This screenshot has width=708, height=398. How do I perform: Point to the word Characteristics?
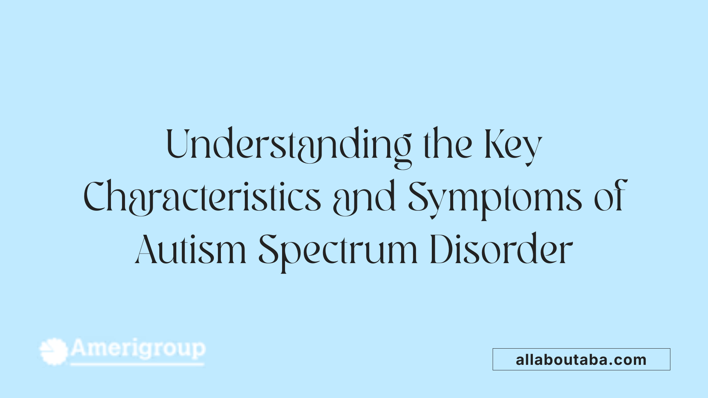(x=202, y=197)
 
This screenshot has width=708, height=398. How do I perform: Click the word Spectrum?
(x=337, y=251)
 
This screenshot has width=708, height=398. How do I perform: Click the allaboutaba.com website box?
(x=581, y=359)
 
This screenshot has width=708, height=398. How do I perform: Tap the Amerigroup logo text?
(x=138, y=348)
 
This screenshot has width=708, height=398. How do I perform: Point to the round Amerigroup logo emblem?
(x=54, y=352)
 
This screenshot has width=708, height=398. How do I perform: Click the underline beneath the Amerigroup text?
(x=137, y=364)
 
